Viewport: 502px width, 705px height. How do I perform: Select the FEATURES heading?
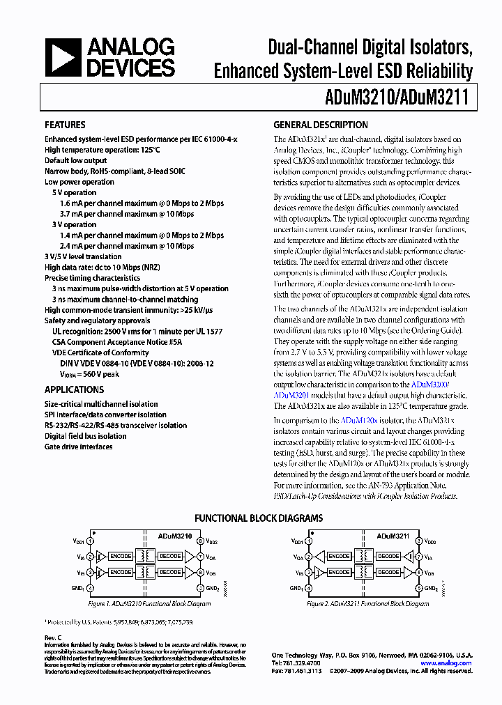click(65, 125)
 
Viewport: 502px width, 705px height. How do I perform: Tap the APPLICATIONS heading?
click(74, 390)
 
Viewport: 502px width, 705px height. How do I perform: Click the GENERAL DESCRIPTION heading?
click(320, 125)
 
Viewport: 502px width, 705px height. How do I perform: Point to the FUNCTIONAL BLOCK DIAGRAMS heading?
click(258, 518)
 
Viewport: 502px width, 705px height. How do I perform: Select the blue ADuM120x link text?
click(359, 420)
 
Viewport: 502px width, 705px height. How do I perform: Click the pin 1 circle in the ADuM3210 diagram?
click(91, 541)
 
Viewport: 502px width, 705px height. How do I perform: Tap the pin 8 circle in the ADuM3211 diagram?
click(418, 541)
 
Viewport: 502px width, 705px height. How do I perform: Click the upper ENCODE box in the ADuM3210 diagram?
click(121, 556)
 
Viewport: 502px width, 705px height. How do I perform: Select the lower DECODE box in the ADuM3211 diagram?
click(388, 572)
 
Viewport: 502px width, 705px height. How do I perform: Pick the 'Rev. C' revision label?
click(54, 637)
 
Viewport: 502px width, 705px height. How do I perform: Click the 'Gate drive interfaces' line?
click(78, 447)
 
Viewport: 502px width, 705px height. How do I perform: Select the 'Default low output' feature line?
click(75, 161)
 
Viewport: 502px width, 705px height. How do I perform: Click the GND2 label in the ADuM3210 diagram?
click(213, 588)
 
